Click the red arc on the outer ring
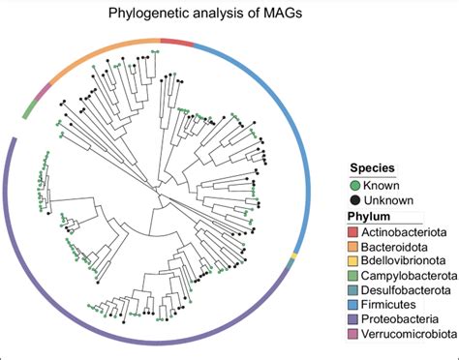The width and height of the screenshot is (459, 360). [x=176, y=41]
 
